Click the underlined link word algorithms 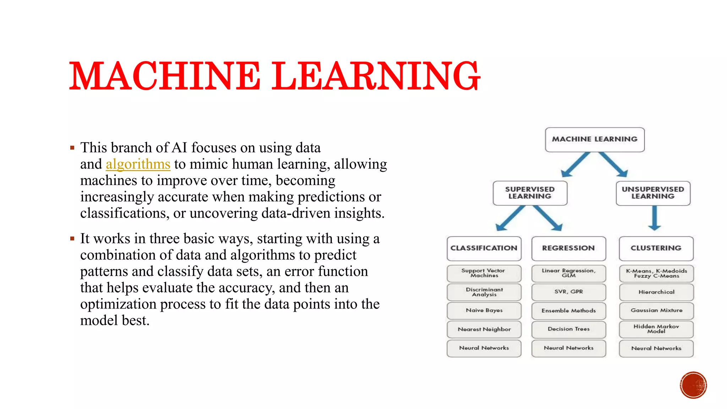(x=138, y=164)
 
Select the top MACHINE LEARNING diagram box (x=595, y=140)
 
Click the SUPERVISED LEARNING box (x=530, y=193)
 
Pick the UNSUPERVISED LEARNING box (x=653, y=193)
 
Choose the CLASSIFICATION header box (x=484, y=248)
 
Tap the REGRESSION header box (x=568, y=248)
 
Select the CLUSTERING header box (x=656, y=248)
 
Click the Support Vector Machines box (x=484, y=273)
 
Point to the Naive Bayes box (x=484, y=311)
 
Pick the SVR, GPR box (x=568, y=292)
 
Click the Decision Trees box (x=568, y=329)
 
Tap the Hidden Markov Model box (x=656, y=329)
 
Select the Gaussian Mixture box (x=656, y=311)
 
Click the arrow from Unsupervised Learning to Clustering (x=654, y=218)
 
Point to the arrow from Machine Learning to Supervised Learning (x=575, y=164)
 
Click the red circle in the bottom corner (x=693, y=385)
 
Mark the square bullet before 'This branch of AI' (x=72, y=148)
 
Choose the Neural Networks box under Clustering (x=656, y=349)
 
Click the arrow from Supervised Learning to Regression (x=548, y=218)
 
